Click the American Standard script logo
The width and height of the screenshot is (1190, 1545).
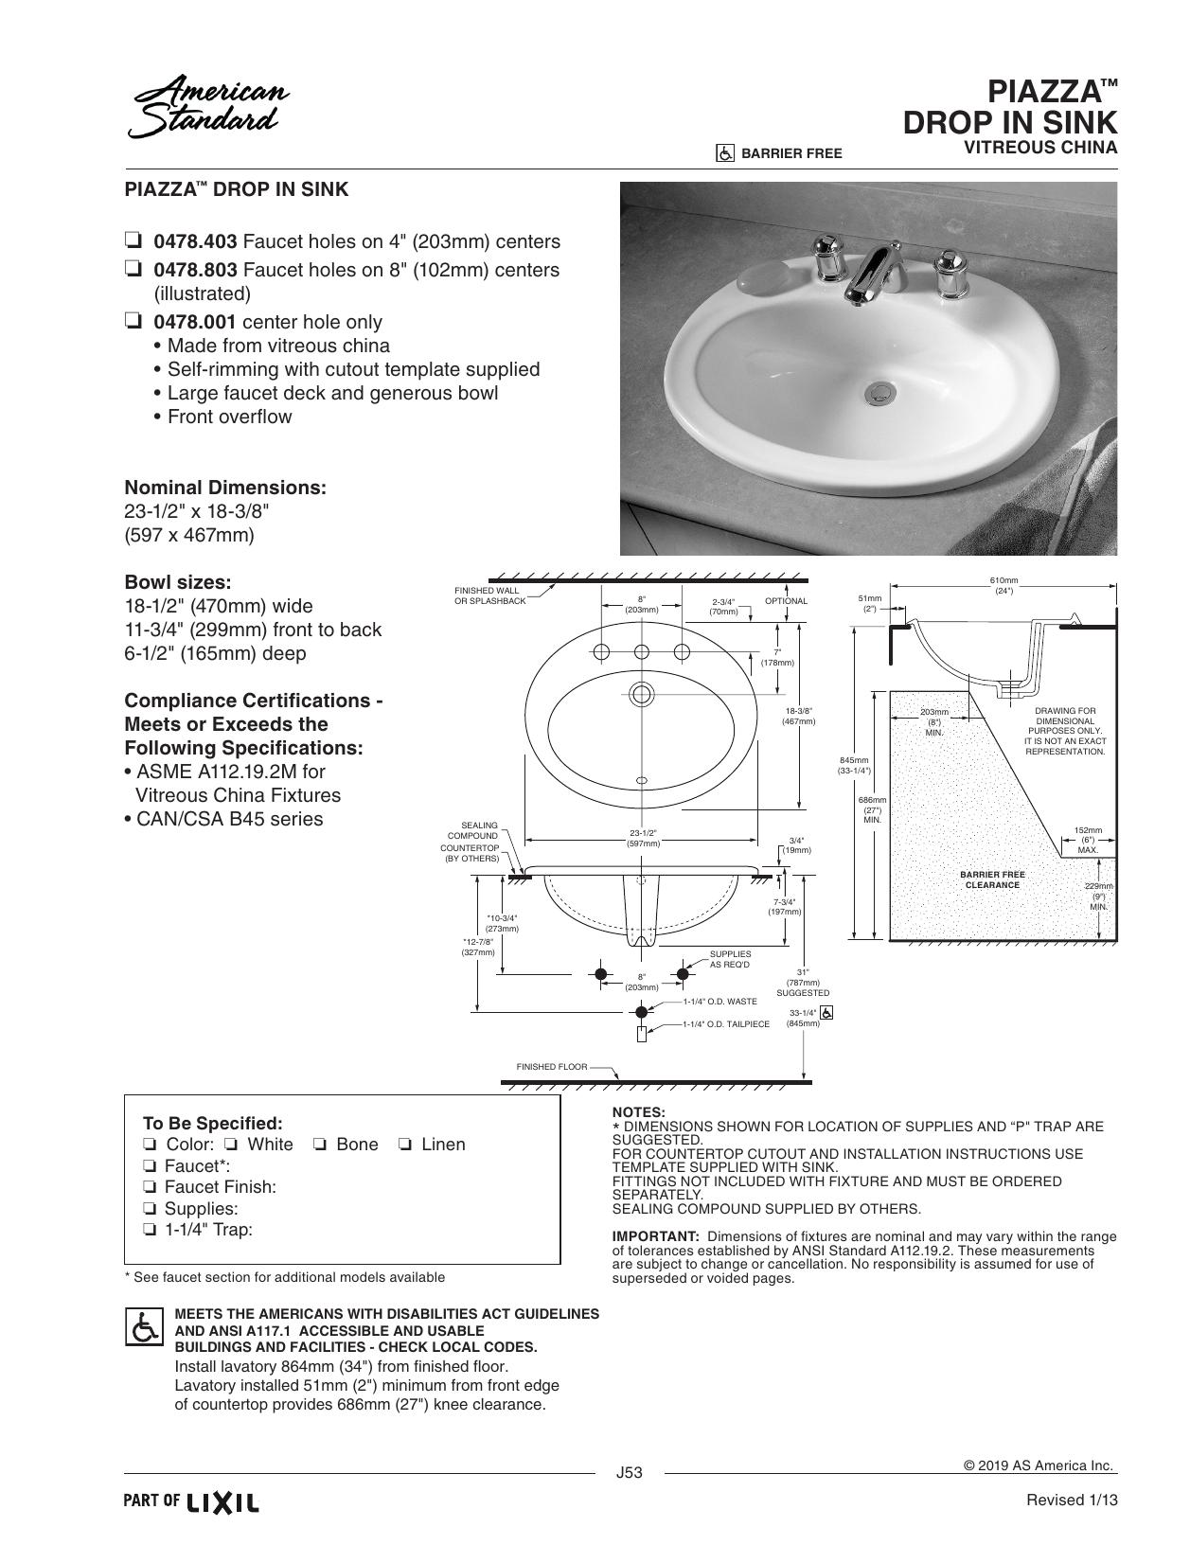point(208,107)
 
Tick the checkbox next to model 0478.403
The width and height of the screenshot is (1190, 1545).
point(133,241)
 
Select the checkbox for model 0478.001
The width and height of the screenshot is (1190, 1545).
point(133,321)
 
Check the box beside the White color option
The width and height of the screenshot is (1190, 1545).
point(232,1144)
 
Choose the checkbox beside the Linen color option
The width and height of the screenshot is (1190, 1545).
point(405,1144)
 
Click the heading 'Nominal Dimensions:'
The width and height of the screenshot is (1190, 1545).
point(225,488)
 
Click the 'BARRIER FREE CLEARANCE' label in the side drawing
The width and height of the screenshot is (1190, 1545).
point(992,879)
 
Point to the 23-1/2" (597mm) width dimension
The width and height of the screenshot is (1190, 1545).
point(643,838)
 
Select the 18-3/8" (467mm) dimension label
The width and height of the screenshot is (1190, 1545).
point(798,716)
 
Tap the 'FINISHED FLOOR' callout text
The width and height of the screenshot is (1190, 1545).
point(552,1067)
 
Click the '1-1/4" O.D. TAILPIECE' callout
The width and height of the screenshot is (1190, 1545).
point(726,1023)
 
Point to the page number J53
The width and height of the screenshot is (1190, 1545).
point(630,1472)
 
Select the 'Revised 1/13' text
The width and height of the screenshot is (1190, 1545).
point(1072,1500)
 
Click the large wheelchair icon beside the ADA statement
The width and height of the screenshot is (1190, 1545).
point(144,1326)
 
